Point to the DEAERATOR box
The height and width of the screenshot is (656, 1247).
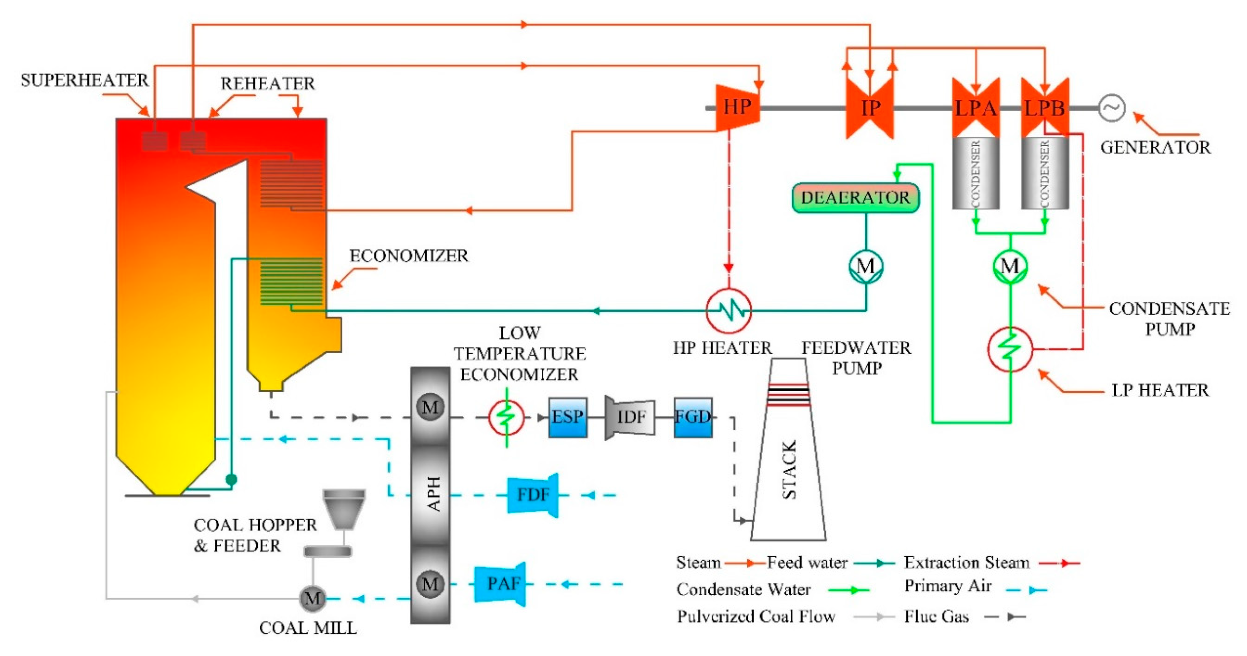tap(855, 198)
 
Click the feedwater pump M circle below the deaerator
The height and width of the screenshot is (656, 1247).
tap(866, 266)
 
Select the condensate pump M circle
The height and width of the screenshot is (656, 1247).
tap(1010, 266)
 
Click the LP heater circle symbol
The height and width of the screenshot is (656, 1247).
tap(1010, 349)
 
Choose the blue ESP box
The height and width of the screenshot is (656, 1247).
tap(568, 417)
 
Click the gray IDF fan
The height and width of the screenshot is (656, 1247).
tap(630, 417)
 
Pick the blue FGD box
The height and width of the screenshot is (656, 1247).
tap(693, 417)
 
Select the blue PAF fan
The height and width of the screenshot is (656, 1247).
tap(501, 584)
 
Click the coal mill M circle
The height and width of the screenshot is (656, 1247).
tap(312, 598)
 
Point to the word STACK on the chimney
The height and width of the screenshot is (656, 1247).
tap(789, 470)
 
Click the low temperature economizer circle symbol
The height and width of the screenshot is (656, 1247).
tap(506, 417)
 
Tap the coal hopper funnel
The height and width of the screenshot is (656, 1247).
tap(344, 509)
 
